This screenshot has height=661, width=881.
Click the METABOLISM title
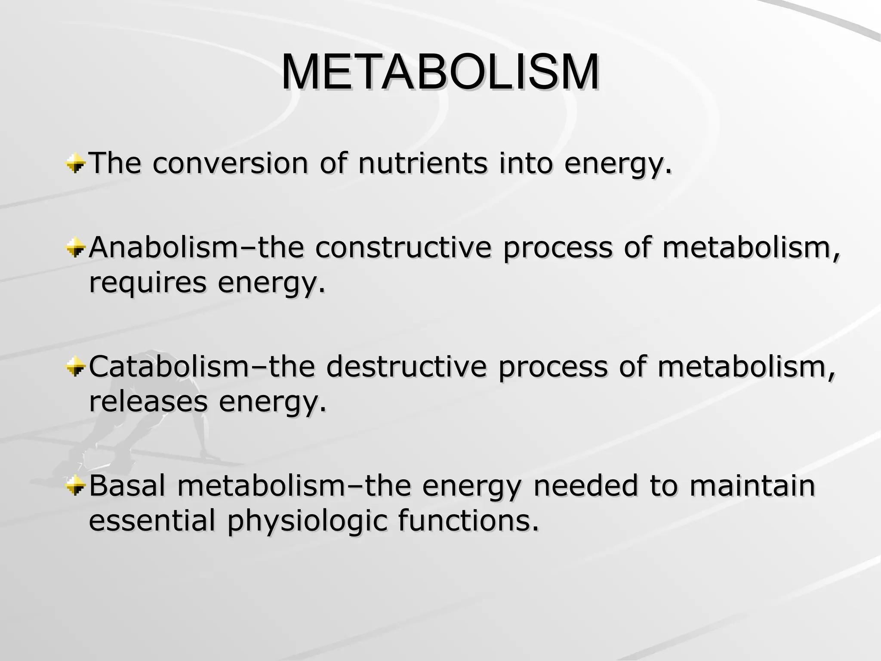click(440, 72)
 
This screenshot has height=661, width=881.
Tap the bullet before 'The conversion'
click(75, 164)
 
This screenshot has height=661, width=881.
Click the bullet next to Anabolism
click(75, 249)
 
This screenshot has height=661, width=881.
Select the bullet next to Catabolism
click(75, 368)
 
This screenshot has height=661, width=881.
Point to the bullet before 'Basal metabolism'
click(75, 487)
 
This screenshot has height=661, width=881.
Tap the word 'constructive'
click(403, 248)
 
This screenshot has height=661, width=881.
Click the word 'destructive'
click(406, 367)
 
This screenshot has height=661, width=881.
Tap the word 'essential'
click(151, 520)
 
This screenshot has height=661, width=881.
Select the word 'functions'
click(468, 520)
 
